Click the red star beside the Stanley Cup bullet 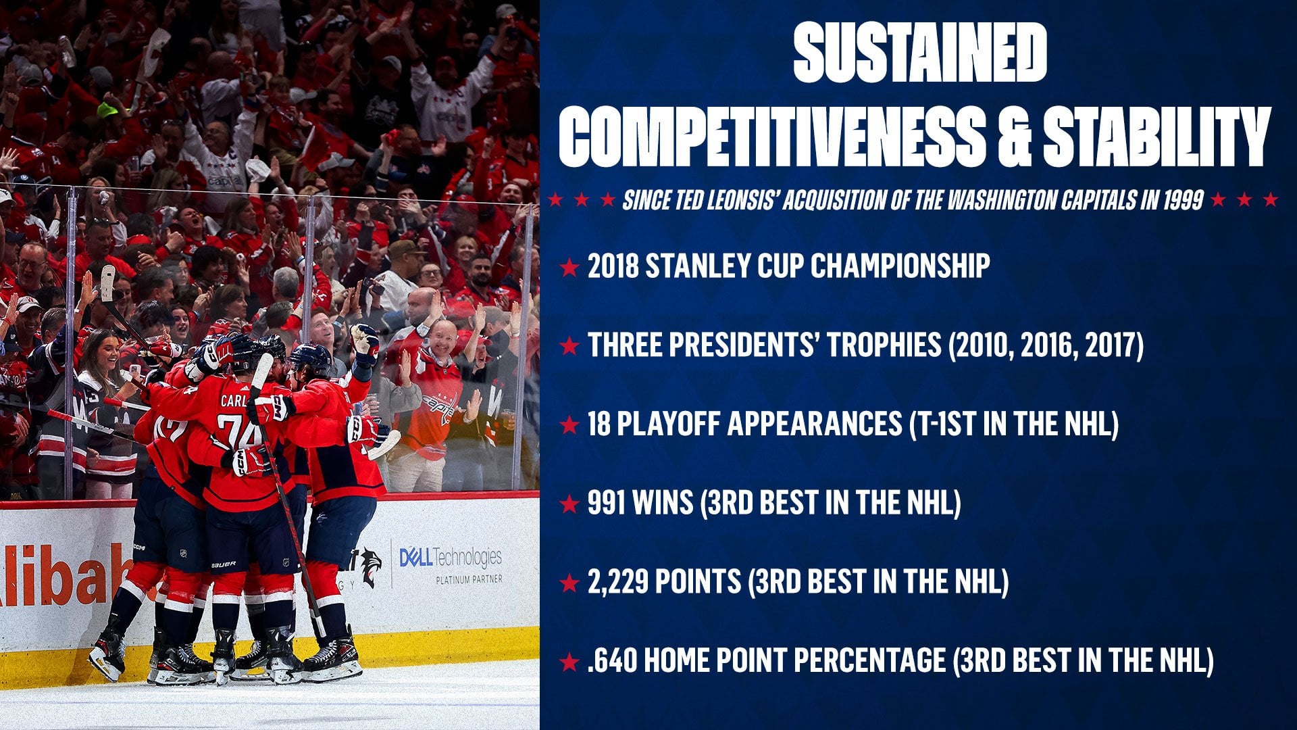click(569, 268)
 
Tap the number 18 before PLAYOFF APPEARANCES click(599, 424)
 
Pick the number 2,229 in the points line click(620, 581)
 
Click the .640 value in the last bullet click(612, 660)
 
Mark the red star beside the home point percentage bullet click(569, 662)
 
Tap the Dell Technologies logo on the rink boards click(451, 558)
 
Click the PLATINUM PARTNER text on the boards click(469, 579)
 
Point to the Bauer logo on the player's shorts click(223, 564)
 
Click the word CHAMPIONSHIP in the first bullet click(900, 266)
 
